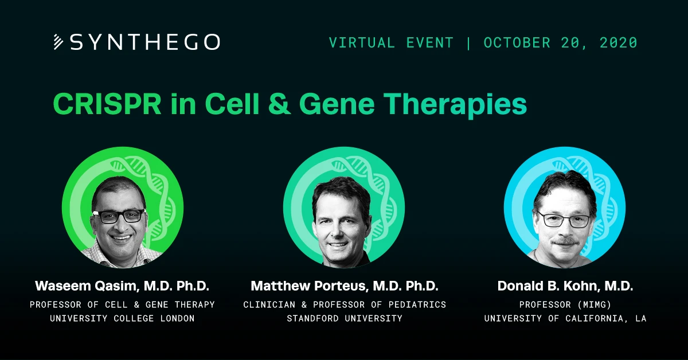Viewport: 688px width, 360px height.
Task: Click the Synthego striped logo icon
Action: click(58, 42)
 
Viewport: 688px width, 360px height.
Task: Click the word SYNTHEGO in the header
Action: click(145, 42)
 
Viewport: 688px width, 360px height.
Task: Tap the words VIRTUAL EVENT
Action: click(391, 42)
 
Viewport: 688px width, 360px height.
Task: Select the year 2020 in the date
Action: click(619, 42)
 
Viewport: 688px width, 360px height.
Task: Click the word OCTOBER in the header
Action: click(517, 42)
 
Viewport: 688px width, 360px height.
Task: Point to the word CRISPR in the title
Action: click(107, 104)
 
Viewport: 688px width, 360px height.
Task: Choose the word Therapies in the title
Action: click(455, 105)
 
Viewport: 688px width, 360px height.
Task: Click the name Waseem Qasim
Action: click(87, 286)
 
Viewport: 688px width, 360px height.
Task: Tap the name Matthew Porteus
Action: click(309, 286)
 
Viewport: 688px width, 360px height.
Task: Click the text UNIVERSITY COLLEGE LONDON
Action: click(122, 318)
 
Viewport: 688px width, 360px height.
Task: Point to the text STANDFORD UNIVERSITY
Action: click(345, 318)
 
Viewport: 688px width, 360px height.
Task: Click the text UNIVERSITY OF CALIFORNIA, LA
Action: click(565, 318)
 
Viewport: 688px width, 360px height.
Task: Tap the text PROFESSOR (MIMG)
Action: click(565, 304)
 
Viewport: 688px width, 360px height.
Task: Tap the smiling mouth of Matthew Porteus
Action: click(337, 245)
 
